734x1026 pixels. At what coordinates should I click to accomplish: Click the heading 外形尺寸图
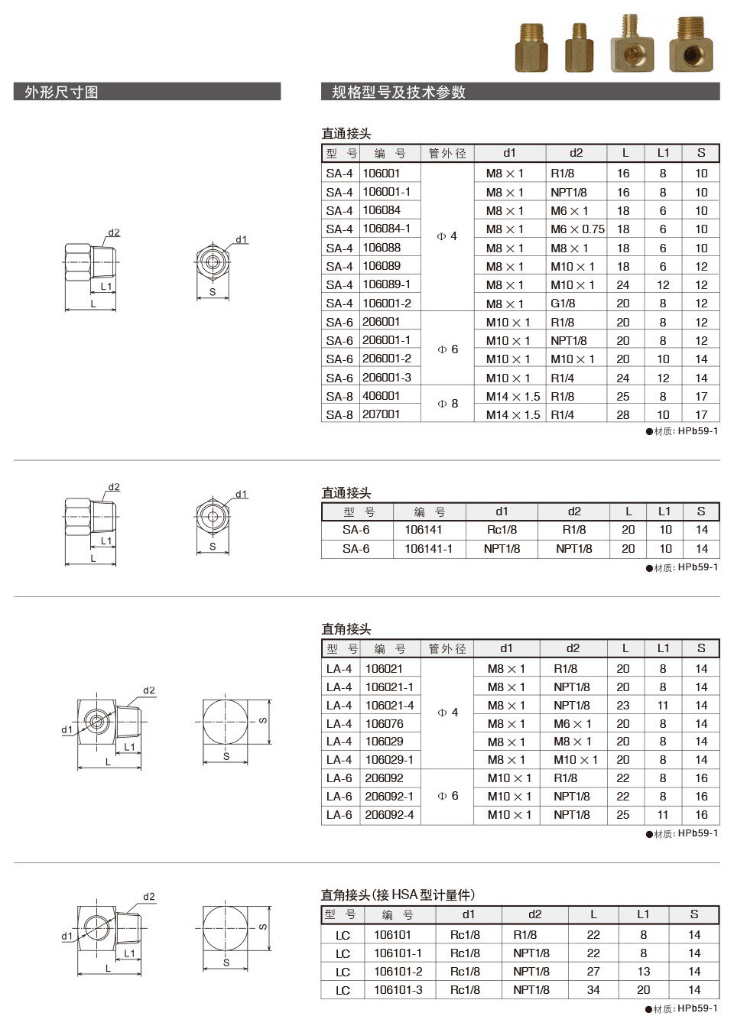coord(61,93)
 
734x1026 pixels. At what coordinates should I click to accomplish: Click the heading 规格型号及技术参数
coord(398,93)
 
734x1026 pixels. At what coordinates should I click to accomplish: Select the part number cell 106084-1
coord(386,229)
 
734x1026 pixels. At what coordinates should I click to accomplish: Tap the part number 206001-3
coord(386,378)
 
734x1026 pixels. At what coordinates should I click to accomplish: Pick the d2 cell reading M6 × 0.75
coord(577,229)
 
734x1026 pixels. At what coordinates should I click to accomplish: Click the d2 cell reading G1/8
coord(563,304)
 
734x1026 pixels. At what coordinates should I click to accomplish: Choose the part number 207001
coord(381,414)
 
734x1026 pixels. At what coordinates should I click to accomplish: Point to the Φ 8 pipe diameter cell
coord(447,404)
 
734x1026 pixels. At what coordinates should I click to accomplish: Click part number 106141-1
coord(428,549)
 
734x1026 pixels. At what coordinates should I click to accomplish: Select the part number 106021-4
coord(389,706)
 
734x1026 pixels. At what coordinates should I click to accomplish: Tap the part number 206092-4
coord(389,815)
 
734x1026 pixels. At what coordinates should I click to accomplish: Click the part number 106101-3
coord(398,990)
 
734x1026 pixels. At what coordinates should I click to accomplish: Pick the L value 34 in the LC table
coord(593,990)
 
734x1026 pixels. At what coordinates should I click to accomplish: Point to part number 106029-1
coord(389,760)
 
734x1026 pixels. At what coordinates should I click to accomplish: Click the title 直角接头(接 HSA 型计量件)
coord(398,895)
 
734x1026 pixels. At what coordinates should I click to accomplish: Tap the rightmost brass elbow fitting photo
coord(690,46)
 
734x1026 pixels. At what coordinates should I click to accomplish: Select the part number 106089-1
coord(386,284)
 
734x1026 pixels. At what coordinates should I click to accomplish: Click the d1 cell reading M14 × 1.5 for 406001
coord(512,397)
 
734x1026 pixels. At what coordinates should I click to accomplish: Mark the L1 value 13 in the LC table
coord(644,972)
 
